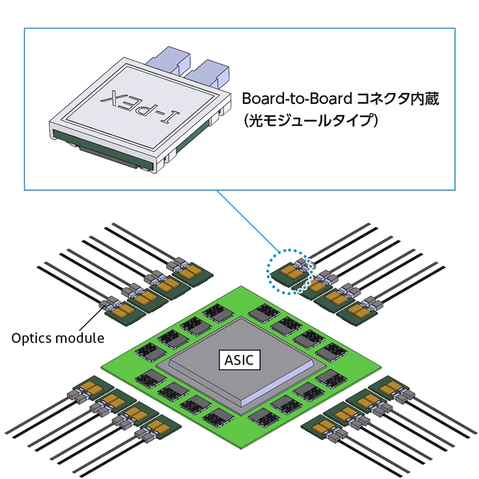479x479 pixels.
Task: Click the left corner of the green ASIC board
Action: coord(101,363)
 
